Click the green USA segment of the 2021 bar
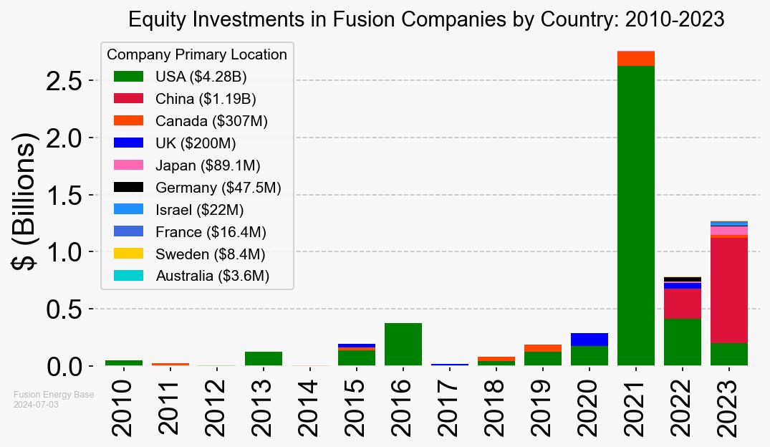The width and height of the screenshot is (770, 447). pyautogui.click(x=635, y=215)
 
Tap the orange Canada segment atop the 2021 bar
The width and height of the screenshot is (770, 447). pyautogui.click(x=635, y=59)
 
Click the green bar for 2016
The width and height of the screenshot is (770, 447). pyautogui.click(x=403, y=345)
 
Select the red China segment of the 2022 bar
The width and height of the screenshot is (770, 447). pyautogui.click(x=682, y=304)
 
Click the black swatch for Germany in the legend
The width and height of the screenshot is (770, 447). pyautogui.click(x=128, y=187)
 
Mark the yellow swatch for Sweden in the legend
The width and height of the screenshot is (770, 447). pyautogui.click(x=128, y=254)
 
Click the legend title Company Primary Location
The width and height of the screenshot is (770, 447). pyautogui.click(x=197, y=54)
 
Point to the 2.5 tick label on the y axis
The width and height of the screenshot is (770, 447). pyautogui.click(x=67, y=81)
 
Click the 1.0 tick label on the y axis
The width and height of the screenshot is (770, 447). pyautogui.click(x=67, y=252)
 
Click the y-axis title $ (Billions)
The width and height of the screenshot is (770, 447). pyautogui.click(x=27, y=202)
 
